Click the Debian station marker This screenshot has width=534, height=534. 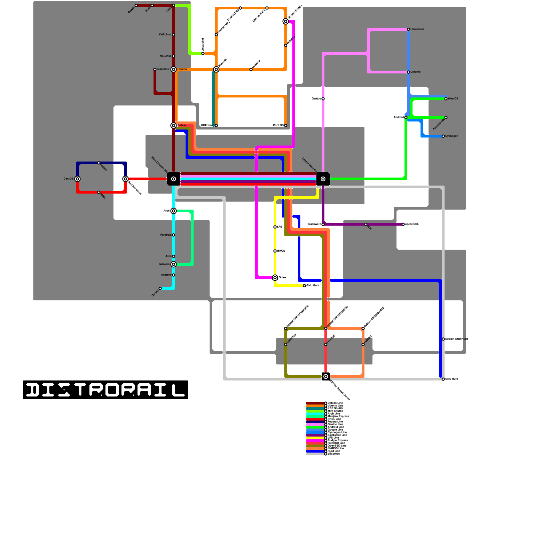coord(174,125)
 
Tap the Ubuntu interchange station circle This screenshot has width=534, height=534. coord(174,69)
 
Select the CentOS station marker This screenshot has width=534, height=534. coord(77,179)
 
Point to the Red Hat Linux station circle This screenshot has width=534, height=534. coord(125,179)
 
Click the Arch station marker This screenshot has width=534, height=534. coord(174,211)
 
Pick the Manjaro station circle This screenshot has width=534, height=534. coord(174,264)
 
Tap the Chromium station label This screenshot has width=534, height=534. coord(417,29)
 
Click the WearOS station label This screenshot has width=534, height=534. coord(453,99)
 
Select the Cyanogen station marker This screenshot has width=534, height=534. coord(443,136)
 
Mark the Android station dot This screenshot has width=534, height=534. coord(406,117)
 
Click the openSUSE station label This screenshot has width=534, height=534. coord(412,224)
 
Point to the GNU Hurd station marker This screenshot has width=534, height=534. coord(443,379)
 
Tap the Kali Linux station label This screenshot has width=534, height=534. coord(165,35)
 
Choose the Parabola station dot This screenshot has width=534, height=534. coord(174,235)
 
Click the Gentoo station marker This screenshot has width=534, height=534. coord(323,99)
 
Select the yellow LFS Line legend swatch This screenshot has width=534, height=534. coord(315,438)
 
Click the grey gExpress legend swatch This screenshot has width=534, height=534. coord(315,454)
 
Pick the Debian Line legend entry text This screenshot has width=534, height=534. coord(335,403)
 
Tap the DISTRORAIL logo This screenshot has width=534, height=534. coord(105,390)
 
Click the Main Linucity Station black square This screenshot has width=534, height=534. coord(174,179)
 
